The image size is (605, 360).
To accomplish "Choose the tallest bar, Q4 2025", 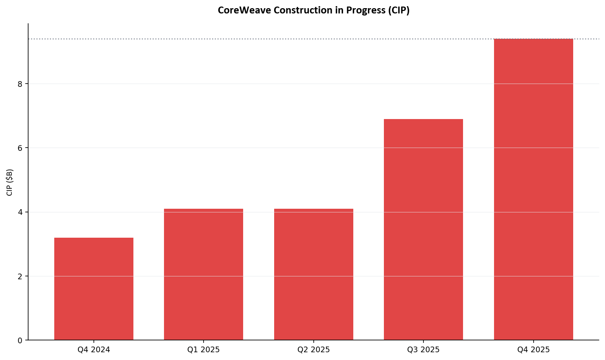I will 534,190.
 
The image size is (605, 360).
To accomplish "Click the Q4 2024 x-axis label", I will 94,350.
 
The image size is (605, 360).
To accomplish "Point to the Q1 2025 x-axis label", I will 204,350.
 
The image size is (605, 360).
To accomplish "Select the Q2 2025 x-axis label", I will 314,350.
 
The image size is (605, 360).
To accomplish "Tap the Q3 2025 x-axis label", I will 423,350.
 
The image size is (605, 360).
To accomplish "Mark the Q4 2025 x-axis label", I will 534,350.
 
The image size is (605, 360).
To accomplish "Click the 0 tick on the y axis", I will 20,340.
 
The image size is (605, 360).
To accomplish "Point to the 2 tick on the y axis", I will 20,276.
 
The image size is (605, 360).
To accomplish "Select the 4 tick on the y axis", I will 20,212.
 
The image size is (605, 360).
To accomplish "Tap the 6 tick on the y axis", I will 20,148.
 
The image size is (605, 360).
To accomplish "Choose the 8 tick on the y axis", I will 20,84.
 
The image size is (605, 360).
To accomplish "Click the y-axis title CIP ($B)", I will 10,182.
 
